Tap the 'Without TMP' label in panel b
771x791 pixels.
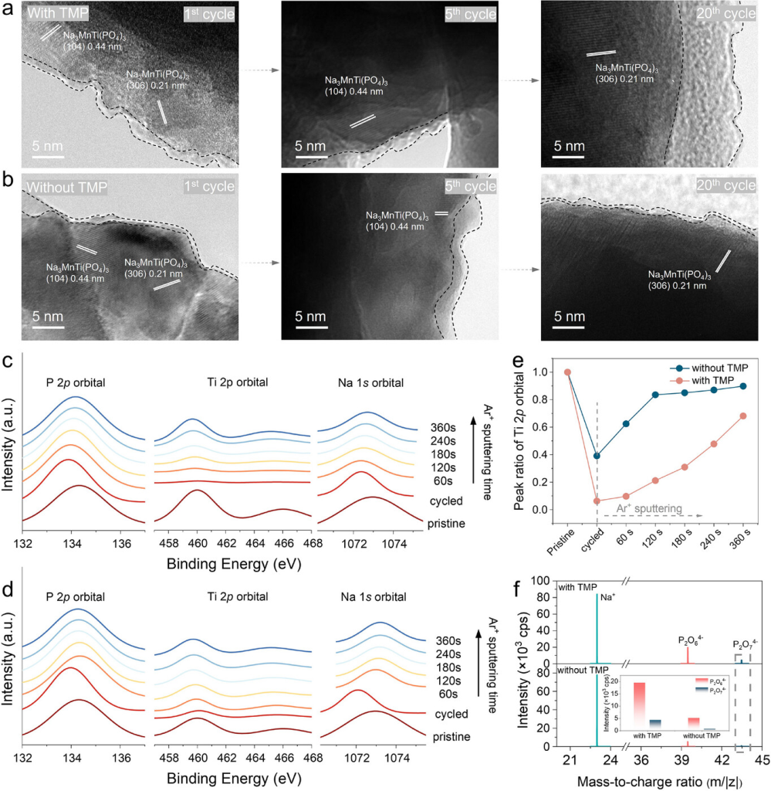[66, 187]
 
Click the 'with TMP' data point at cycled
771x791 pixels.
[597, 501]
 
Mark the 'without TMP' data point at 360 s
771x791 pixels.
[742, 386]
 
